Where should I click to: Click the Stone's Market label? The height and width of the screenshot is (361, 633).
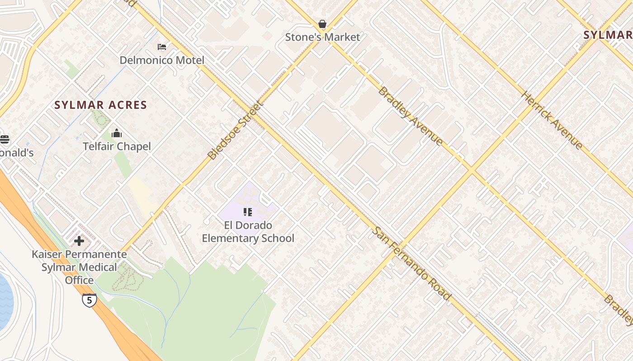(x=322, y=37)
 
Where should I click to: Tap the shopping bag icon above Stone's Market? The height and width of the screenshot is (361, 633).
(x=322, y=24)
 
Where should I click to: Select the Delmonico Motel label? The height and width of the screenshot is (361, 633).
(x=162, y=60)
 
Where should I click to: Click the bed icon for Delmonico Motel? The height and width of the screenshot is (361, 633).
(x=162, y=47)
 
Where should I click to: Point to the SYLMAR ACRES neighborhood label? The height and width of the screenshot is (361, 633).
(x=101, y=105)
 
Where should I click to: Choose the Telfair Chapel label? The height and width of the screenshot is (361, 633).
(x=117, y=146)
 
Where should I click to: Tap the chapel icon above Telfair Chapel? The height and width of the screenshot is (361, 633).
(x=117, y=133)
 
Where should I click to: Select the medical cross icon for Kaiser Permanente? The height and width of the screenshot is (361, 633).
(x=79, y=241)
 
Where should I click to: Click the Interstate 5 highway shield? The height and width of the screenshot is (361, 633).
(x=90, y=300)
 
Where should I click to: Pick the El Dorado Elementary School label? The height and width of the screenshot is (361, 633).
(x=248, y=231)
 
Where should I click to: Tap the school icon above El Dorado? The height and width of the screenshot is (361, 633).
(x=248, y=212)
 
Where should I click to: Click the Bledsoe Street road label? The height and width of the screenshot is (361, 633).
(x=235, y=131)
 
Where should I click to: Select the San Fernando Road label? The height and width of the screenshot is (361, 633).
(x=411, y=264)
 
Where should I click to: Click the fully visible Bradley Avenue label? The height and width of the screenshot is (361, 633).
(x=410, y=116)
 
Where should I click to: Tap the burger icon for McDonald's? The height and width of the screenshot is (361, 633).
(x=4, y=139)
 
